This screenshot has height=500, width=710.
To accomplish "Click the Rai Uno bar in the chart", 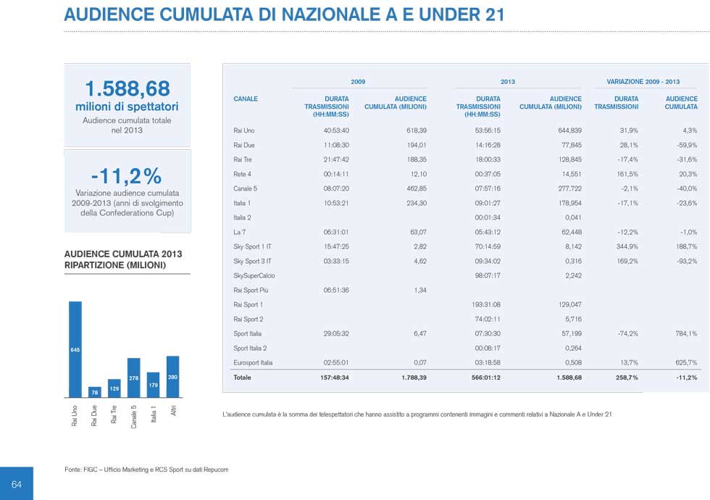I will coord(75,349).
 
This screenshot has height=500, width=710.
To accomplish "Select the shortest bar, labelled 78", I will coord(94,392).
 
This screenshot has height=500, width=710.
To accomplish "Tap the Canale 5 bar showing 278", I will coord(133,378).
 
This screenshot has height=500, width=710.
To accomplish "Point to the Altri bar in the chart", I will coord(172,377).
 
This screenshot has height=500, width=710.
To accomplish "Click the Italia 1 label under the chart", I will coord(154,414).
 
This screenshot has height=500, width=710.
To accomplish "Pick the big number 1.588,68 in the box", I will coord(128,89).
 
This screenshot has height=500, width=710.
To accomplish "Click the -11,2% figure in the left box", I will coord(126,176).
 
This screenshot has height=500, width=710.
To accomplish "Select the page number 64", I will coord(17,484).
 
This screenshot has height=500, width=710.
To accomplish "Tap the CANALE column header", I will coord(246,99).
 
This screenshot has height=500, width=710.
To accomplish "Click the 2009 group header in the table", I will coord(358,82).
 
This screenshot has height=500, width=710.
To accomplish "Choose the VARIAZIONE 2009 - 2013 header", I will coord(643,82).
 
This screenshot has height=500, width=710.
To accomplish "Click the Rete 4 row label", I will coord(243,174).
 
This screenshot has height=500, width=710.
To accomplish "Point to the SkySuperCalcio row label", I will coord(254,275).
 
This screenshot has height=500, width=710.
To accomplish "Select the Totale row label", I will coord(242,378).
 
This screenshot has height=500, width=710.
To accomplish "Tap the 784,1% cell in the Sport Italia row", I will coord(685,333).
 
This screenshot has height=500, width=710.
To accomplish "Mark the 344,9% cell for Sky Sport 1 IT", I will coord(626,246).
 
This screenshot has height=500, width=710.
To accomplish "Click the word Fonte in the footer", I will coord(72,470).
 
